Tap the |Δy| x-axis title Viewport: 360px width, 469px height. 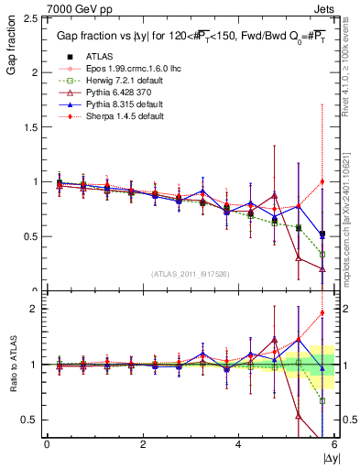coord(329,457)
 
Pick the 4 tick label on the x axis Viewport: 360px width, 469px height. coord(238,444)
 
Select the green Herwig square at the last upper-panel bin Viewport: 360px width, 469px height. coord(322,254)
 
